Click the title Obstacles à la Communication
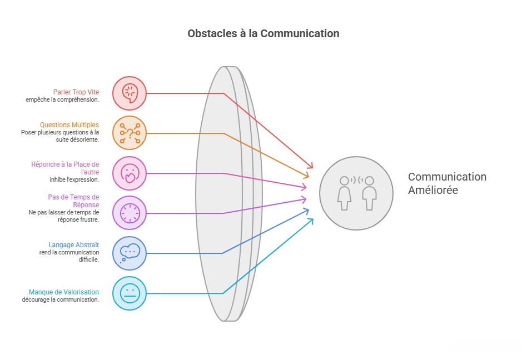pyautogui.click(x=263, y=33)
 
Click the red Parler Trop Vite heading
pyautogui.click(x=76, y=92)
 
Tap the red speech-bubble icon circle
pyautogui.click(x=130, y=93)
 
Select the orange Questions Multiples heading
pyautogui.click(x=69, y=125)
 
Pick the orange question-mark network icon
pyautogui.click(x=130, y=133)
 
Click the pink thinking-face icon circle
pyautogui.click(x=130, y=173)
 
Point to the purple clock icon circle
pyautogui.click(x=130, y=213)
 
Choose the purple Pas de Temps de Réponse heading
pyautogui.click(x=73, y=201)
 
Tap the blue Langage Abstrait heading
pyautogui.click(x=73, y=245)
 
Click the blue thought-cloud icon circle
pyautogui.click(x=130, y=253)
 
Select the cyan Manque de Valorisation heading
pyautogui.click(x=64, y=292)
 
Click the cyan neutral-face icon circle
pyautogui.click(x=130, y=293)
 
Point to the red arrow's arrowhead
pyautogui.click(x=310, y=165)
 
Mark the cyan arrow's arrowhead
pyautogui.click(x=311, y=221)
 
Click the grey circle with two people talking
pyautogui.click(x=356, y=193)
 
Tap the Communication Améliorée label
pyautogui.click(x=447, y=183)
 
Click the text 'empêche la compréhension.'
pyautogui.click(x=62, y=100)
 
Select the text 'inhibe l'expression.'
pyautogui.click(x=74, y=179)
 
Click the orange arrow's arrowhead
pyautogui.click(x=306, y=176)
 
